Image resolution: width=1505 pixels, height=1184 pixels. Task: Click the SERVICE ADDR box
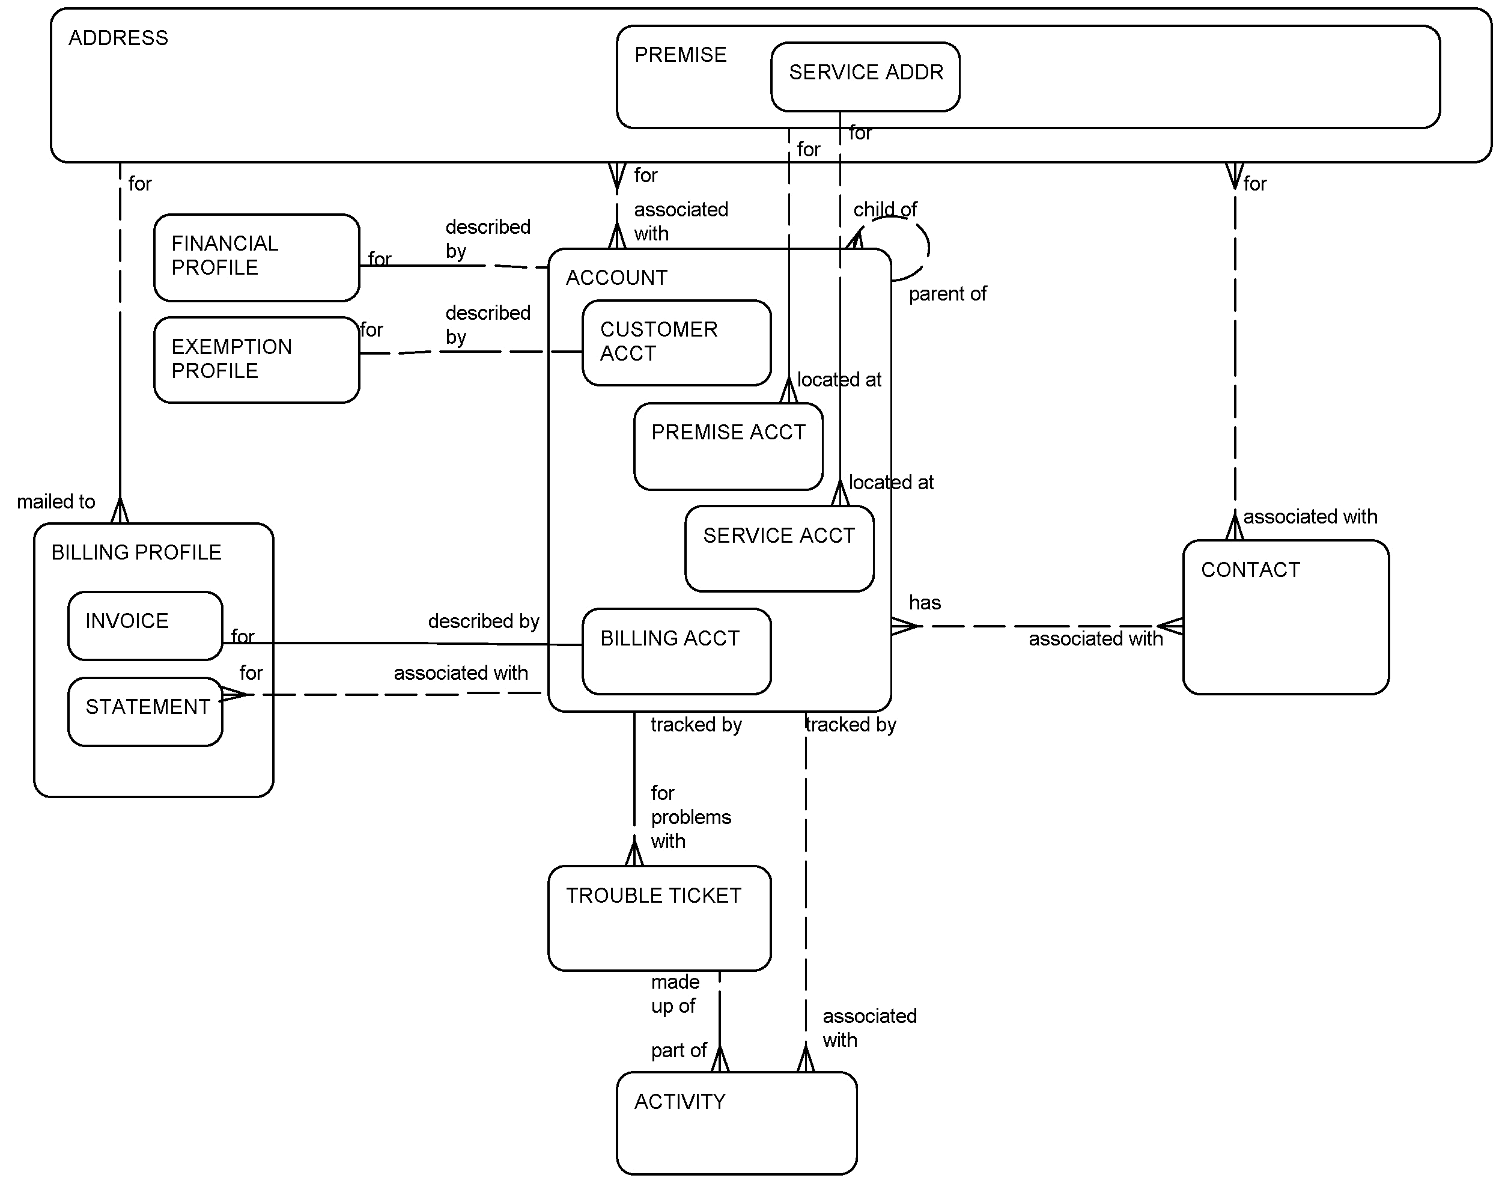coord(865,76)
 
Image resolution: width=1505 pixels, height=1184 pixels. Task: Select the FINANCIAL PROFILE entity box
coord(257,257)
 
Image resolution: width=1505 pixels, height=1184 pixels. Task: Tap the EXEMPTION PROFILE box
coord(257,360)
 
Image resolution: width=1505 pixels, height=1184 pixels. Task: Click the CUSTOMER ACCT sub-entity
coord(676,343)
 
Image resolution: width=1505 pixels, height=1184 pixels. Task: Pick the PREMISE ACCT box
coord(728,447)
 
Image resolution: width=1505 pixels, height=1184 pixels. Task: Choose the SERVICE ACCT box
coord(779,548)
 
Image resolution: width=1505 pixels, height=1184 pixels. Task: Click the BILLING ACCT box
coord(676,651)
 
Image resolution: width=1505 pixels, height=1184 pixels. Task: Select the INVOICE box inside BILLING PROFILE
coord(145,625)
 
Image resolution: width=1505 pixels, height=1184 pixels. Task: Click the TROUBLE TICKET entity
coord(659,917)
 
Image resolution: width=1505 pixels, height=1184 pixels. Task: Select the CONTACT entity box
coord(1285,617)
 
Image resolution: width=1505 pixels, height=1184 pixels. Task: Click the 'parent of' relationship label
coord(947,294)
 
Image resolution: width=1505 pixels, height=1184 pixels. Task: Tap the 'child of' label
coord(885,209)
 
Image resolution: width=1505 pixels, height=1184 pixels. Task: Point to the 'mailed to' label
coord(56,502)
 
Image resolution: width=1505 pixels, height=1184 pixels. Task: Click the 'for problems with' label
coord(690,817)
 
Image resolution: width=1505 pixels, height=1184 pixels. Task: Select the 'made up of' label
coord(675,994)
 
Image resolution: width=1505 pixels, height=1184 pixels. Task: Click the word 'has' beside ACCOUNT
coord(925,603)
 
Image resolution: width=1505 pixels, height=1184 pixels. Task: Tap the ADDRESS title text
coord(118,38)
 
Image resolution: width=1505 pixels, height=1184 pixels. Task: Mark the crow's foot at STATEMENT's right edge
coord(234,694)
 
